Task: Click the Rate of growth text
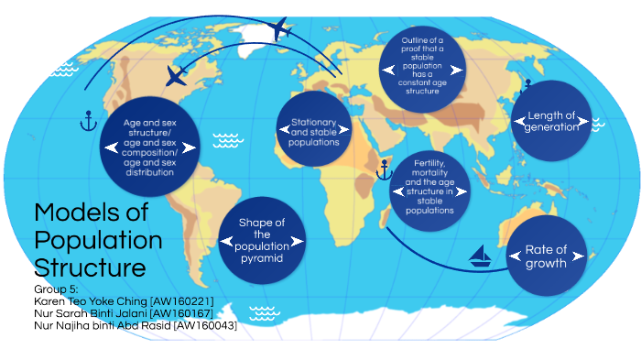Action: point(546,256)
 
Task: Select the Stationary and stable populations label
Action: point(314,133)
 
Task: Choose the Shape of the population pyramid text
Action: point(262,241)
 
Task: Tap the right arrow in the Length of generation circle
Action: point(587,123)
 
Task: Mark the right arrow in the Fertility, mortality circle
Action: point(465,191)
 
